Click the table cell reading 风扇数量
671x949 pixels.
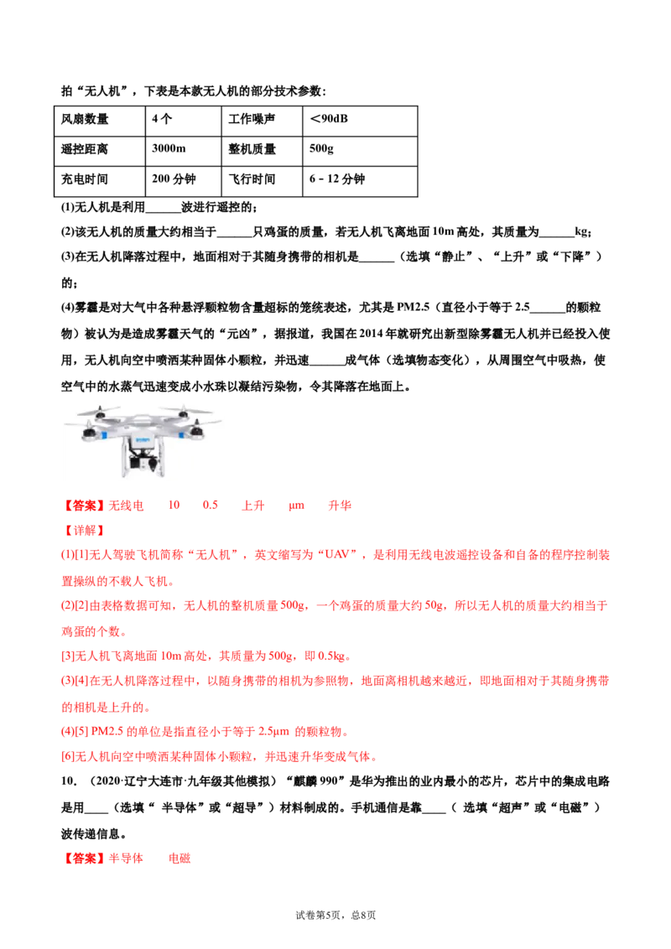click(100, 121)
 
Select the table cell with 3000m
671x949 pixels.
click(184, 151)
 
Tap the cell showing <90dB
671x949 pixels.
click(360, 121)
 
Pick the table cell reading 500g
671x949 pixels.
click(360, 151)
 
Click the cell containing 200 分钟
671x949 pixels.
click(184, 181)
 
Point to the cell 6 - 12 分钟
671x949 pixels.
click(360, 181)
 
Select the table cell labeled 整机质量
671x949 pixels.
click(263, 151)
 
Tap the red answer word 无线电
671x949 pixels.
click(126, 506)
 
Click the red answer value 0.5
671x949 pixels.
click(211, 506)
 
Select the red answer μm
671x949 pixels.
click(296, 506)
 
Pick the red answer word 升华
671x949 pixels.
click(340, 506)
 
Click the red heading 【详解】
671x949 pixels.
click(84, 531)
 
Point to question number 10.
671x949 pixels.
click(69, 781)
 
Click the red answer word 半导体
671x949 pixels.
click(126, 858)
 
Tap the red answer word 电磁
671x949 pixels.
click(179, 858)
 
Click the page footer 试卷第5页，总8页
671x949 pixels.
click(335, 915)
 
